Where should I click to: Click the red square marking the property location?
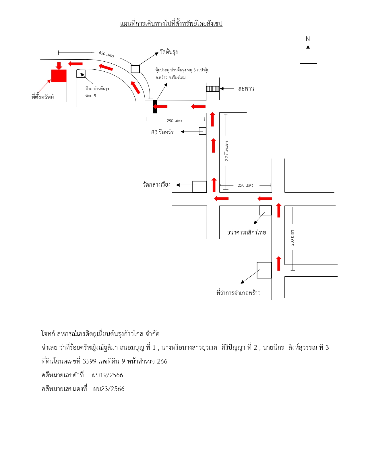[59, 76]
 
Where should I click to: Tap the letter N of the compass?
[307, 39]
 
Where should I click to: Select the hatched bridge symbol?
[212, 89]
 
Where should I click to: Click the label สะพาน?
[246, 89]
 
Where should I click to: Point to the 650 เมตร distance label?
[106, 54]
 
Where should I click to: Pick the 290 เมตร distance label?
[175, 121]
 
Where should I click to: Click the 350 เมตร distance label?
[245, 185]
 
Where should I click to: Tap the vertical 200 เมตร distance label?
[292, 238]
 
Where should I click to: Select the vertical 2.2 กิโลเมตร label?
[226, 151]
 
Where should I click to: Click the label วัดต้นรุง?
[169, 52]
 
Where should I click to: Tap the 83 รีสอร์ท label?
[163, 132]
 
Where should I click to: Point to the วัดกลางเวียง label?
[156, 185]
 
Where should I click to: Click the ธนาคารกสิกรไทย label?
[246, 232]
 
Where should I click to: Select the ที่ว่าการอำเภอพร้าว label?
[238, 293]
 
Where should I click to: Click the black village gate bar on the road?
[155, 107]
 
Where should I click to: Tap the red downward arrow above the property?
[59, 66]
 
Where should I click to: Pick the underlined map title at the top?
[171, 24]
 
